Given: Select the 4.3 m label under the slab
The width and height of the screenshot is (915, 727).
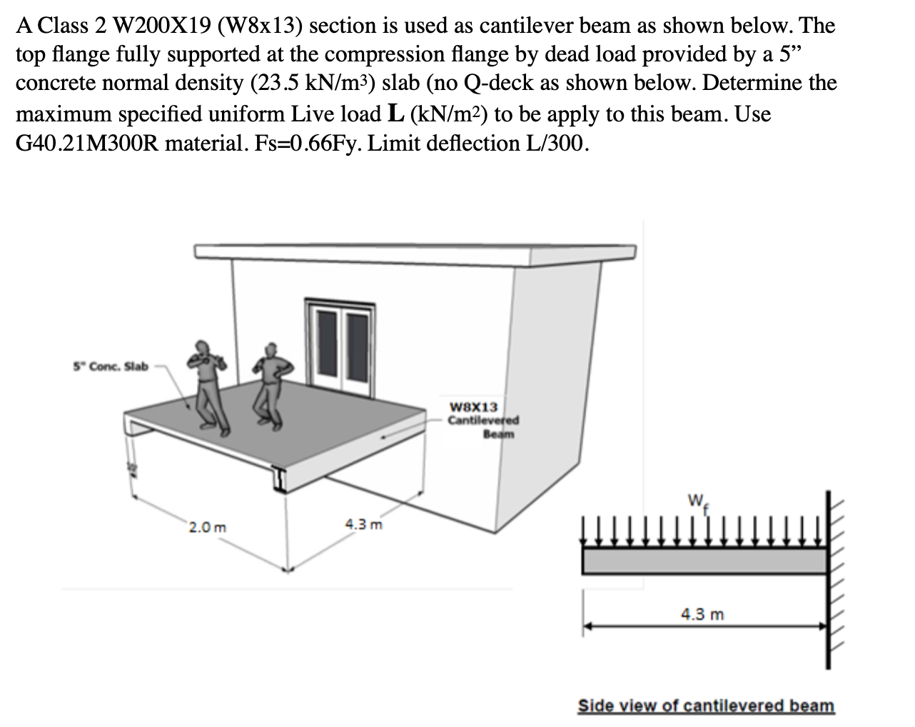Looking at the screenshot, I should [x=363, y=525].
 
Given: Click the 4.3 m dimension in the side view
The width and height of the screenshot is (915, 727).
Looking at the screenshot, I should [x=702, y=614].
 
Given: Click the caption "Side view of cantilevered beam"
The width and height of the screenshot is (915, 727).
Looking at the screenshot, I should [x=705, y=706].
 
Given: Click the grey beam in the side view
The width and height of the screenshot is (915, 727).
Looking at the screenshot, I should [x=704, y=561].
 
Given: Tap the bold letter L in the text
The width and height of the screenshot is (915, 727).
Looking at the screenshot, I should [x=377, y=114].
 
